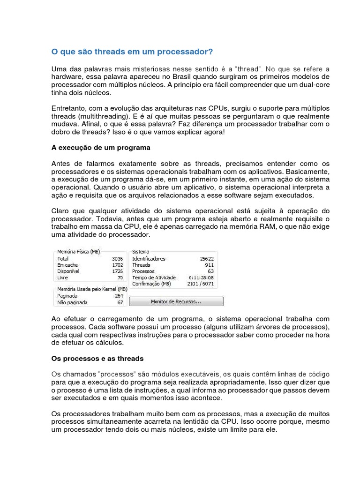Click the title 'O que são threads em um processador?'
[x=132, y=51]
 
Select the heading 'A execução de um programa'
[x=101, y=147]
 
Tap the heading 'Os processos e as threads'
[x=97, y=358]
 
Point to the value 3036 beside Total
[x=117, y=258]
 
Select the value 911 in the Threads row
[x=209, y=265]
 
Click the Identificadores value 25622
[x=206, y=258]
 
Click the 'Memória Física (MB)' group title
[x=78, y=251]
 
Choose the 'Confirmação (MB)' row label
[x=151, y=284]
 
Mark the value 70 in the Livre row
[x=120, y=277]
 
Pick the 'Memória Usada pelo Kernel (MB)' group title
[x=89, y=289]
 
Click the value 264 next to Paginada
[x=118, y=296]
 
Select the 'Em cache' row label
[x=67, y=265]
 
